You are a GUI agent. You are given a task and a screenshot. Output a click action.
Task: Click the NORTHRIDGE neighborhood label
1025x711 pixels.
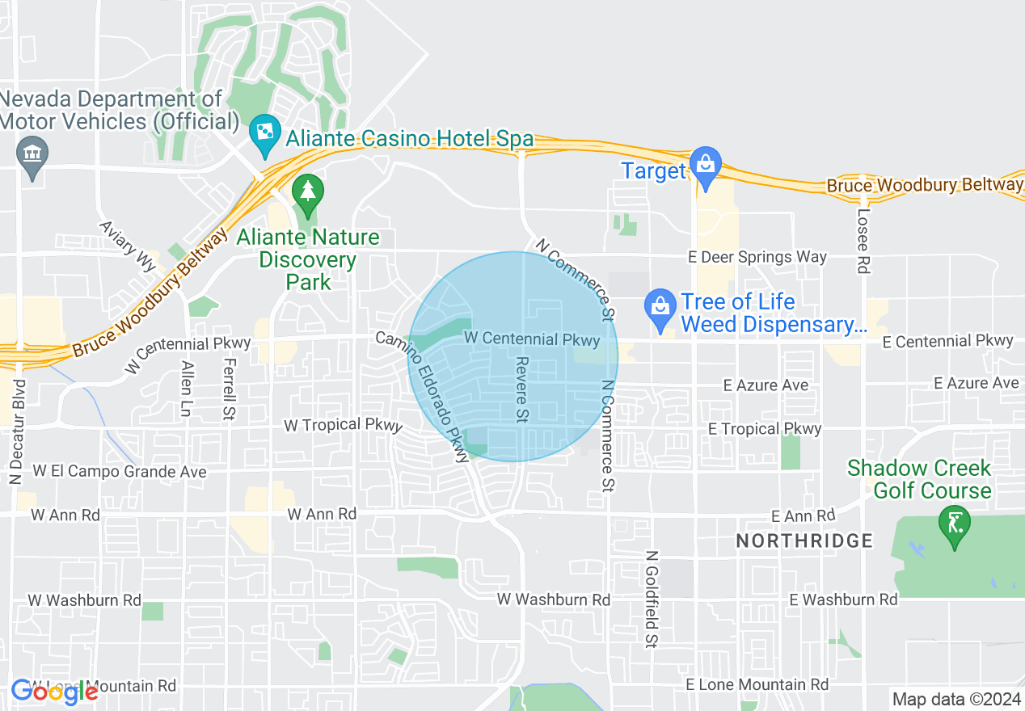[x=804, y=541]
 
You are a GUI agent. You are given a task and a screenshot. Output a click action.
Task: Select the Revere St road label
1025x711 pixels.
[x=522, y=389]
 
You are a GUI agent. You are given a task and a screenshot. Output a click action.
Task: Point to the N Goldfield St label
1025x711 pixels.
[x=651, y=599]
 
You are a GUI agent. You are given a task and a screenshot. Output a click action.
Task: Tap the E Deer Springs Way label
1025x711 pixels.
[x=757, y=257]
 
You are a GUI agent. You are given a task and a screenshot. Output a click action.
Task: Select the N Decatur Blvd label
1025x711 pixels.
[x=18, y=431]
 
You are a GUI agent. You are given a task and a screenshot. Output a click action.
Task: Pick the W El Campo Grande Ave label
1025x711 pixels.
[x=120, y=471]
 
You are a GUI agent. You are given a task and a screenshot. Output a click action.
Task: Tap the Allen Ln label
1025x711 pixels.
[x=187, y=389]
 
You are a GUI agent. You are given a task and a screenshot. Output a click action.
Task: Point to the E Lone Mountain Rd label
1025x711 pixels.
[x=757, y=684]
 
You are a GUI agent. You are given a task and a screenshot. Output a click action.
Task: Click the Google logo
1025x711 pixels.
[x=54, y=691]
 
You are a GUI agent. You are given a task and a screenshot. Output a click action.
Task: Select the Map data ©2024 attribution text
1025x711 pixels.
[x=955, y=699]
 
